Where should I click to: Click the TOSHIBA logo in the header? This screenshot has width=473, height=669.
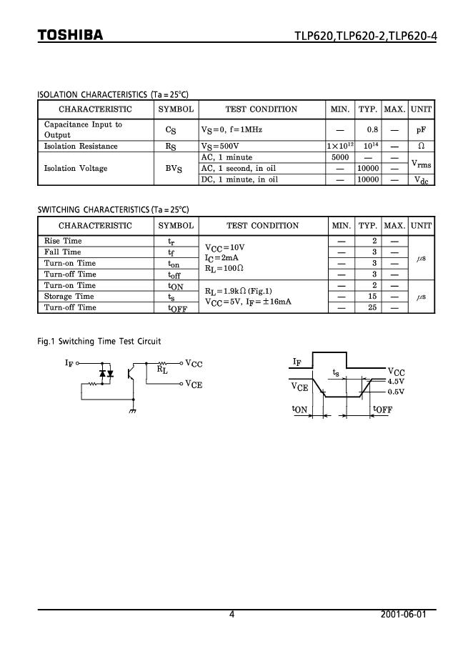pos(71,36)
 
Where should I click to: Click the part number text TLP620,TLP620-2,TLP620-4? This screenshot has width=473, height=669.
pos(364,36)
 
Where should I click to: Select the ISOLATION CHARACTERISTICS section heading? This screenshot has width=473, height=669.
pos(112,94)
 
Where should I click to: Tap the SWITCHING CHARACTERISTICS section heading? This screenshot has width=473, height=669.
pos(113,210)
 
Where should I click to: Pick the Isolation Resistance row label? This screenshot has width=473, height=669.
pos(81,147)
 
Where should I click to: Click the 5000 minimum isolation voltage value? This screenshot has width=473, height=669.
pos(340,157)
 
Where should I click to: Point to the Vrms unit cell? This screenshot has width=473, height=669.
pos(422,164)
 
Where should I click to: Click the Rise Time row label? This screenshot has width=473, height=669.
pos(63,242)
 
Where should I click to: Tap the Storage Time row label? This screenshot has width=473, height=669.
pos(69,297)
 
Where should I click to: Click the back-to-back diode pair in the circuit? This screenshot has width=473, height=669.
pos(106,373)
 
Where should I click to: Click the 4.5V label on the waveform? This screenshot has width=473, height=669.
pos(396,382)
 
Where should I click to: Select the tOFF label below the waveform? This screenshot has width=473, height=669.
pos(383,410)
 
